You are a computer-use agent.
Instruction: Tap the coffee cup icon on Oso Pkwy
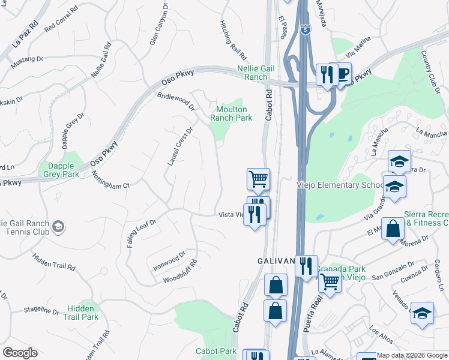point(343,74)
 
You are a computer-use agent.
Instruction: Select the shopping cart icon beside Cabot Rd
point(258,178)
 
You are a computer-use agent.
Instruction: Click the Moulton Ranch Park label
point(231,113)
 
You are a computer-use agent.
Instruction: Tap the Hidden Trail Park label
point(82,313)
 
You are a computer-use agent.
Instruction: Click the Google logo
point(20,352)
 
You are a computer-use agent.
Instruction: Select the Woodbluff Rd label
point(180,271)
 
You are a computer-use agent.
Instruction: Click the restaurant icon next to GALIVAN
point(306,265)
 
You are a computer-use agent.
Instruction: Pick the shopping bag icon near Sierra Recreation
point(392,229)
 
